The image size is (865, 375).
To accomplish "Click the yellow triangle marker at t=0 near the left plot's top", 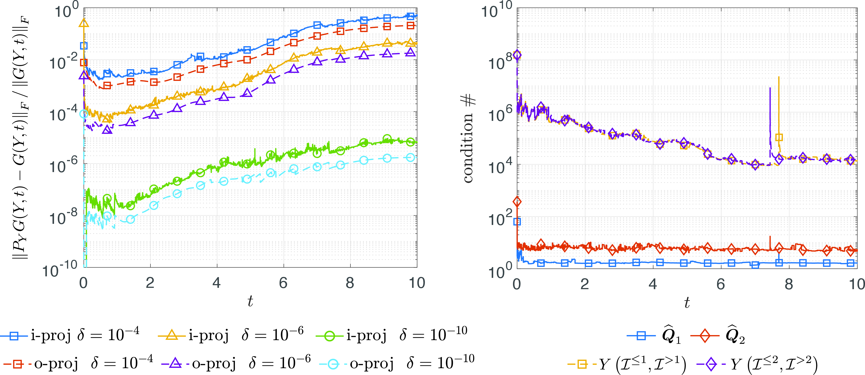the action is (84, 23).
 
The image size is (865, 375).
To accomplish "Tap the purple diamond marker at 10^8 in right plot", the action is (517, 55).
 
